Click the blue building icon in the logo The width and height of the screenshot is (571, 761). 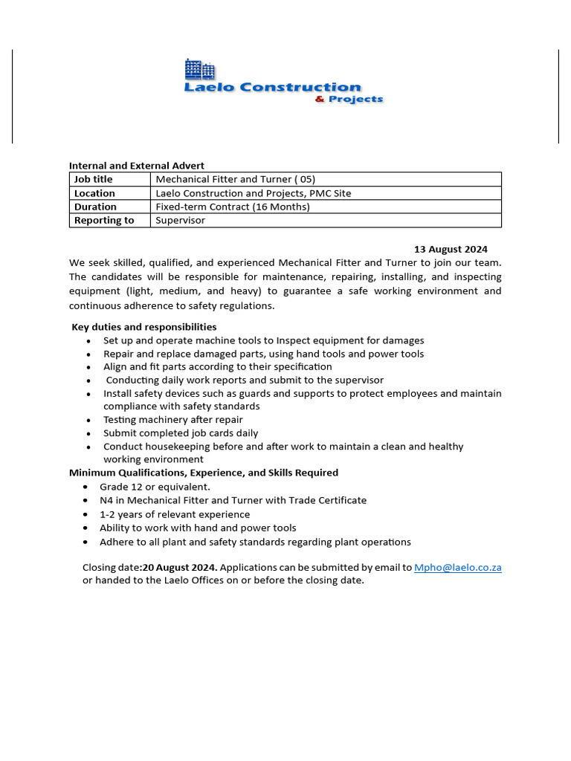(x=199, y=69)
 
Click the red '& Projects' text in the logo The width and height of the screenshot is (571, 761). (x=349, y=100)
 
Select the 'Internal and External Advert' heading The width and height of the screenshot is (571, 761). (x=136, y=166)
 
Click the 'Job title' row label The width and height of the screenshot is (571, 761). (x=94, y=179)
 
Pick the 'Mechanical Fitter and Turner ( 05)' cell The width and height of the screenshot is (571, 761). (x=234, y=179)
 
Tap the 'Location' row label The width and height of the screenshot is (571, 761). (x=94, y=193)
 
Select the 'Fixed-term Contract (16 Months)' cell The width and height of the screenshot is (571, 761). (x=232, y=207)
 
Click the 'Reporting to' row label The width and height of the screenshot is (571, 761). (x=104, y=220)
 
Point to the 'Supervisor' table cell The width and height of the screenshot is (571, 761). (x=180, y=220)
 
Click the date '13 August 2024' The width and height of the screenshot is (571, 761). (x=451, y=249)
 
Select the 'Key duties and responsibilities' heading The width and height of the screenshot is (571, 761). (x=144, y=327)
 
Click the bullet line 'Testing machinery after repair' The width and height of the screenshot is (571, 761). (x=172, y=420)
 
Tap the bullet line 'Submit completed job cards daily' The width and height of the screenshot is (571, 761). (x=181, y=433)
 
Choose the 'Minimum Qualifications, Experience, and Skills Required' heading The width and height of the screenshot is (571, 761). (x=204, y=473)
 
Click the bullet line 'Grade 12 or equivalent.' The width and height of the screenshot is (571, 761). (x=155, y=487)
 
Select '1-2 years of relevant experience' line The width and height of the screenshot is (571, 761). (x=175, y=514)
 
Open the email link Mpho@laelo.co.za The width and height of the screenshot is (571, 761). (x=457, y=567)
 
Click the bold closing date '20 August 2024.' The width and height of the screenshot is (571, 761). (x=180, y=567)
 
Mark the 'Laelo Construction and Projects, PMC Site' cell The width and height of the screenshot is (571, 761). (x=253, y=193)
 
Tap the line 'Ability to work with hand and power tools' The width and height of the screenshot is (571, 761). (x=198, y=528)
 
